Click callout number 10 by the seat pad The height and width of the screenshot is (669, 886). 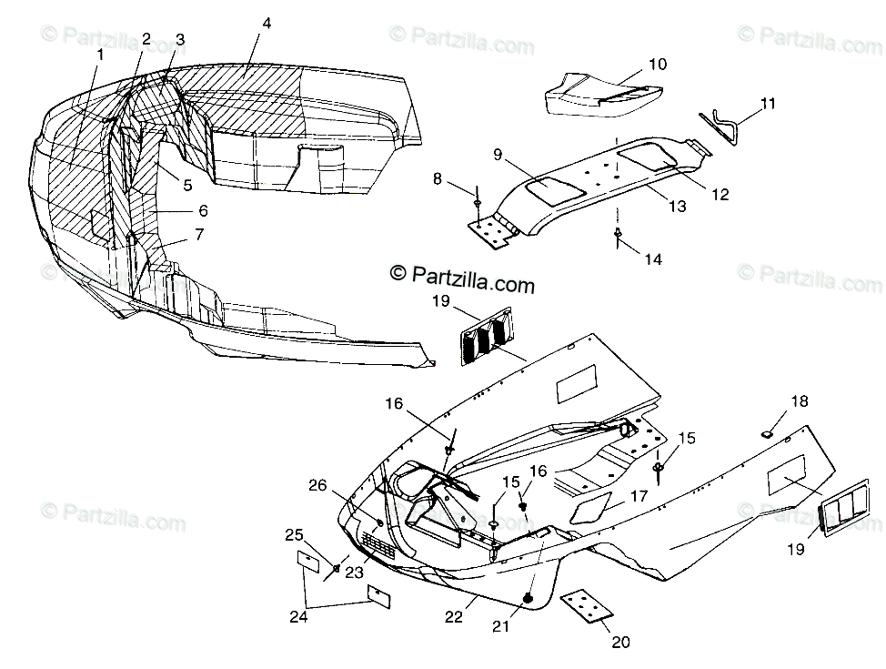[x=657, y=64]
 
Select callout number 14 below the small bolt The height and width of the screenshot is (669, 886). [x=652, y=258]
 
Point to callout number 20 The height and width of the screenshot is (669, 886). [x=620, y=642]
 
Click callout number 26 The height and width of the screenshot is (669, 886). [x=317, y=485]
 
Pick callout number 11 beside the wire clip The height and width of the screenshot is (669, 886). [x=768, y=104]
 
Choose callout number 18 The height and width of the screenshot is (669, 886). [x=799, y=401]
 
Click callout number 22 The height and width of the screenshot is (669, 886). [x=454, y=616]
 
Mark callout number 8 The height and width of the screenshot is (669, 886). [x=438, y=179]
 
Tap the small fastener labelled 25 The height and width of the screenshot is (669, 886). [x=337, y=568]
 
